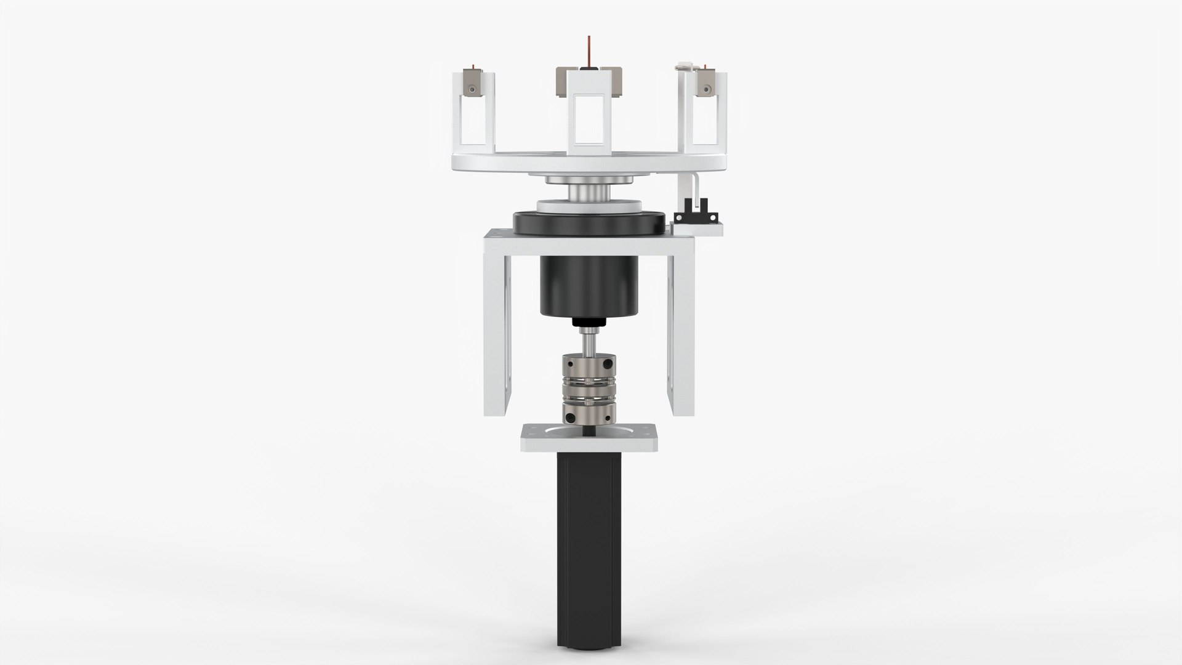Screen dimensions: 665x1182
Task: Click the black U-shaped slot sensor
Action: tap(689, 217)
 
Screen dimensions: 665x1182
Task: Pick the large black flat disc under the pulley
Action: tap(590, 222)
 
